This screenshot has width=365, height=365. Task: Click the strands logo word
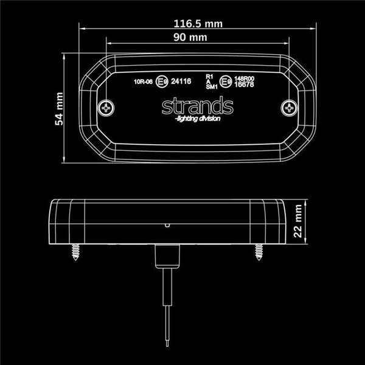pyautogui.click(x=198, y=106)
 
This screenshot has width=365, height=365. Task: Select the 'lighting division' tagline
pyautogui.click(x=197, y=119)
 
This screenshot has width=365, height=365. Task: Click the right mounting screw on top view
pyautogui.click(x=288, y=108)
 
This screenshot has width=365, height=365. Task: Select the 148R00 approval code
pyautogui.click(x=244, y=78)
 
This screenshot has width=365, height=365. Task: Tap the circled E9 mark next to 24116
pyautogui.click(x=162, y=81)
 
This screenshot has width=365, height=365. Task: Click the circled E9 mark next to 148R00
pyautogui.click(x=226, y=80)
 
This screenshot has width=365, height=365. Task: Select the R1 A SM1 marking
pyautogui.click(x=211, y=81)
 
